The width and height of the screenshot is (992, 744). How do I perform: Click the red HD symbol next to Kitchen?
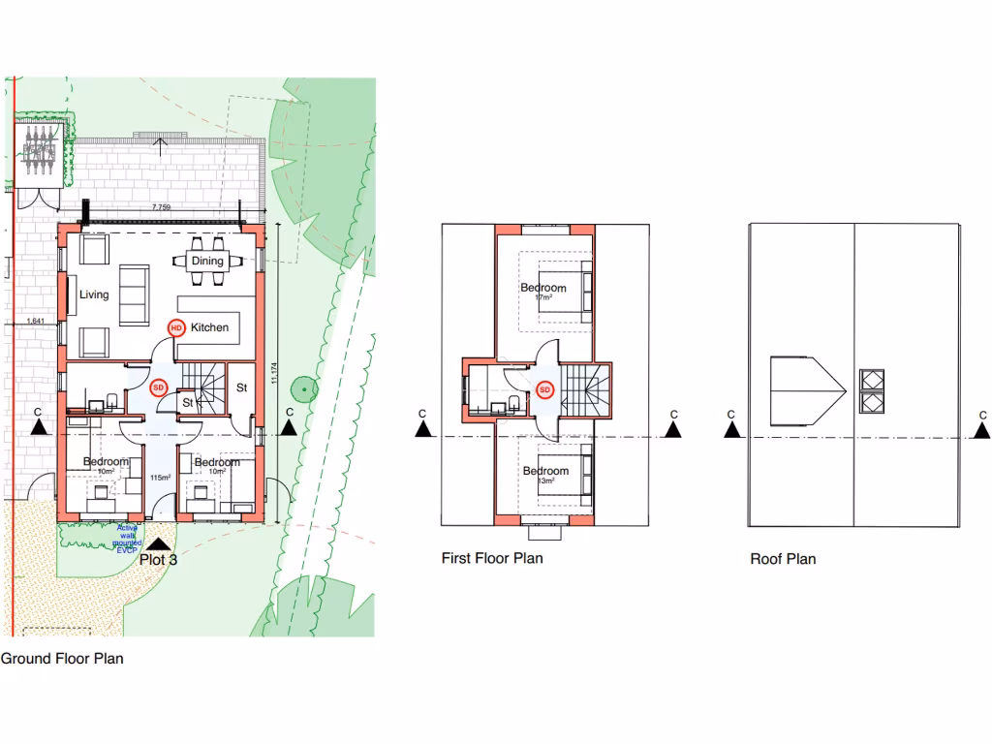coord(176,327)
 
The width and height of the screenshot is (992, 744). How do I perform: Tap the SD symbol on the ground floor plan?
coord(160,387)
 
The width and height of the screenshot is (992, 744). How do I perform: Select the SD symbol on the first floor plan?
coord(544,390)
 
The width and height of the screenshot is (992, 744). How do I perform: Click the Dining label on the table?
coord(206,261)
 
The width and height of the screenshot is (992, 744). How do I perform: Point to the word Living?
coord(94,295)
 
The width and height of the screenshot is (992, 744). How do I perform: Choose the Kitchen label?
coord(209,327)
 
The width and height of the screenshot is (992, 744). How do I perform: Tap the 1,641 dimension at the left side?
coord(36,321)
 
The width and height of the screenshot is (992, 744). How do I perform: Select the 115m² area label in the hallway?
coord(160,479)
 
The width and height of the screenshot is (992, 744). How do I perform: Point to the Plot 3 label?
coord(159,559)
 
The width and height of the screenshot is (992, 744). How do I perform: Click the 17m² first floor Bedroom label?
coord(543,292)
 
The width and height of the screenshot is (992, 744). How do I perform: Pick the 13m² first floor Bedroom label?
coord(545,475)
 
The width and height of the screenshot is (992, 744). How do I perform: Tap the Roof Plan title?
coord(783,559)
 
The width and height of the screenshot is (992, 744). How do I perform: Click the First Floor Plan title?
coord(492,558)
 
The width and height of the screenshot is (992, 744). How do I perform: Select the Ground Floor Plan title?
coord(62,659)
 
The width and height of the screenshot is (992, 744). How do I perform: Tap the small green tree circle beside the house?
coord(305,389)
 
